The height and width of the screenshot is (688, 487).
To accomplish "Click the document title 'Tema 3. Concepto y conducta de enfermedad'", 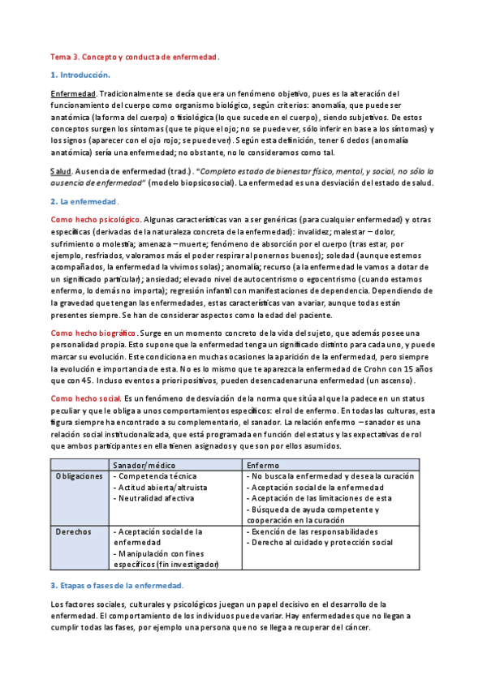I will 135,58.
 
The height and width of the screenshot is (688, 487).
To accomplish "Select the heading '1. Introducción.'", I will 80,75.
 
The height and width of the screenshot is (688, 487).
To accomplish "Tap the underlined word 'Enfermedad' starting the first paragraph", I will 74,94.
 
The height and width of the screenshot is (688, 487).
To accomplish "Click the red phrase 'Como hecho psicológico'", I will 95,220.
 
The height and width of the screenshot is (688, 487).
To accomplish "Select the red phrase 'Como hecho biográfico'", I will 93,333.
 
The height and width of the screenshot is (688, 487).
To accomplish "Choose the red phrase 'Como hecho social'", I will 85,398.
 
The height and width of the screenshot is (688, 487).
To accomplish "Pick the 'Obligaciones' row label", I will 79,476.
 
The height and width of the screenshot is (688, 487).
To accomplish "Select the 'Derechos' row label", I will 72,531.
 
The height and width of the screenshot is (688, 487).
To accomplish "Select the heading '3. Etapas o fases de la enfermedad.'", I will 117,585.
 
